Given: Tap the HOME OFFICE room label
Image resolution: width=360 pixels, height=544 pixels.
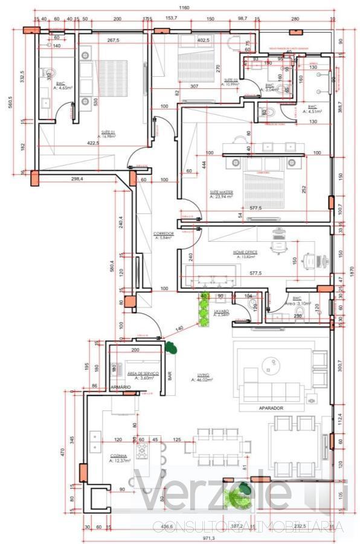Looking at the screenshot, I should point(245,251).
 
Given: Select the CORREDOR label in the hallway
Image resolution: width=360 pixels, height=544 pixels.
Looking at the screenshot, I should point(164,233).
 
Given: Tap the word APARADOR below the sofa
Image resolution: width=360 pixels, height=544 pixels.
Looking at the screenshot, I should point(271,408).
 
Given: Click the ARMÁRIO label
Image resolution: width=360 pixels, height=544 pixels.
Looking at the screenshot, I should point(120,386).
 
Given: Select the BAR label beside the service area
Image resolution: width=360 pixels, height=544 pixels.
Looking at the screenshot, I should point(170,375).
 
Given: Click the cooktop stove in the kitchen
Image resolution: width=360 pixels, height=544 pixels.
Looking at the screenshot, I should point(143,450).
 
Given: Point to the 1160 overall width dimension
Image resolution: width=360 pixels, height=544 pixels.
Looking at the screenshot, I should point(184,8).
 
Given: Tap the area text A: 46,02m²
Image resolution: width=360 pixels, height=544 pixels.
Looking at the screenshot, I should point(203,380).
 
